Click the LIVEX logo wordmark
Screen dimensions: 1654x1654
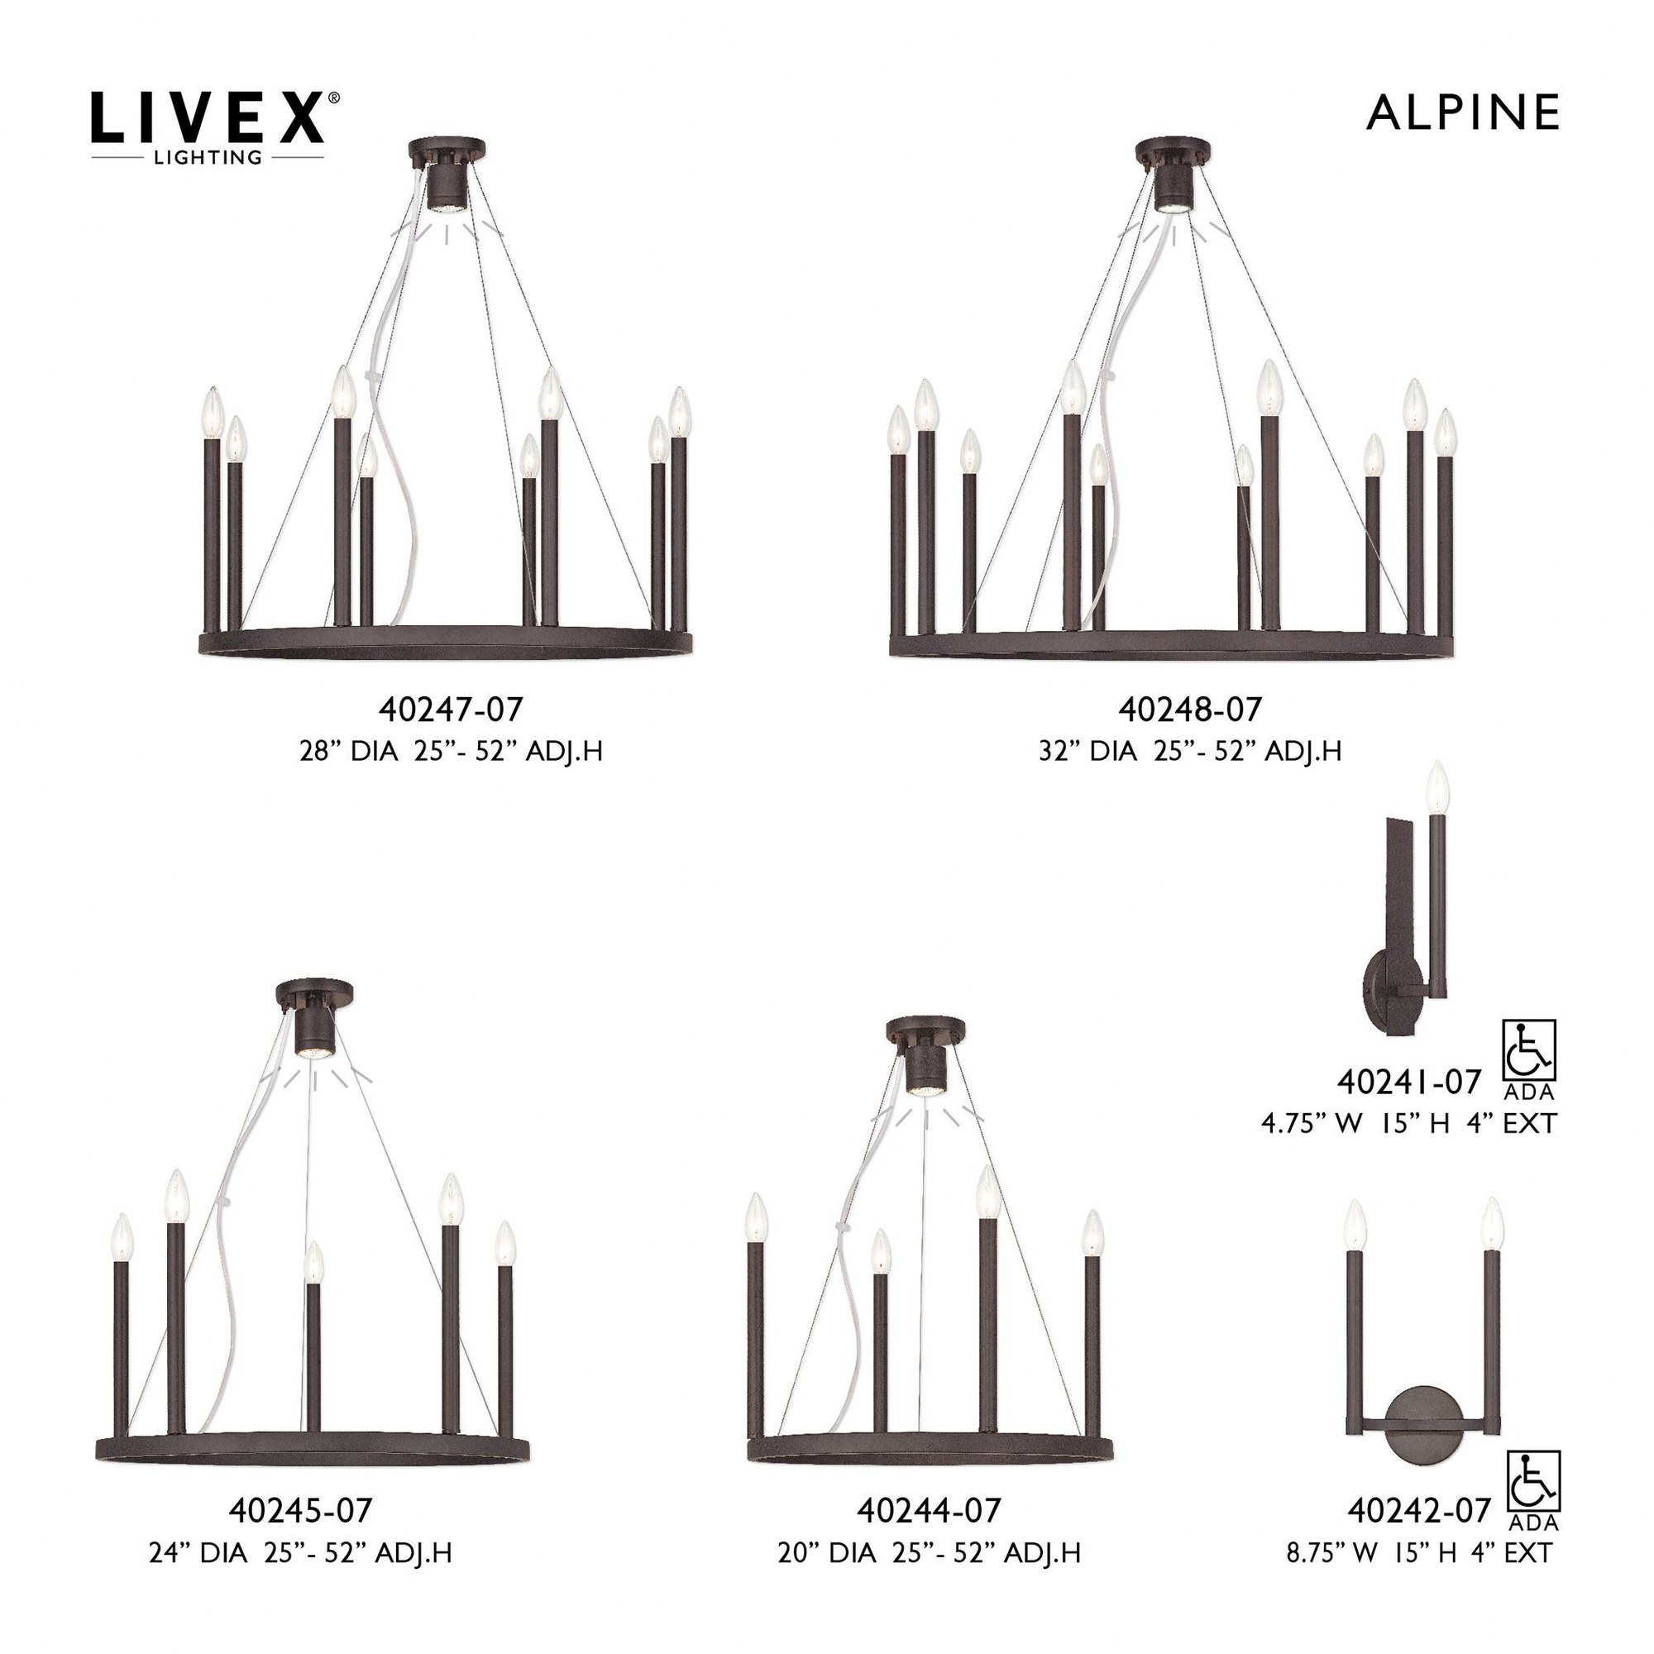(x=208, y=117)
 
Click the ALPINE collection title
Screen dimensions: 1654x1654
(x=1463, y=113)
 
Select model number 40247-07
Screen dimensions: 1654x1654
(x=451, y=709)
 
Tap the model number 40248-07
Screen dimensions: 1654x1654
(x=1190, y=709)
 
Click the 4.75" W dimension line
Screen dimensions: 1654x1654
(x=1408, y=1123)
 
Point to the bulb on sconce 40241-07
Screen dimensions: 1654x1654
(x=1437, y=786)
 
